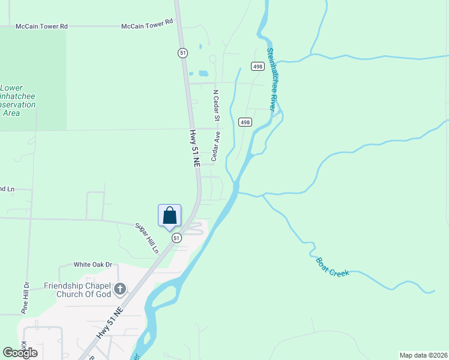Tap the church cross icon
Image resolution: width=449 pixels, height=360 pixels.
click(120, 290)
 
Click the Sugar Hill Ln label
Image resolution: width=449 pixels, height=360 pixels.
click(146, 236)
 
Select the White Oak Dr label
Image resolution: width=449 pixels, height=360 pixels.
click(93, 264)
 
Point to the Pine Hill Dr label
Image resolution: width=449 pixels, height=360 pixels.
click(25, 298)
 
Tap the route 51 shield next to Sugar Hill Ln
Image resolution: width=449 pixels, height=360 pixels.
click(176, 238)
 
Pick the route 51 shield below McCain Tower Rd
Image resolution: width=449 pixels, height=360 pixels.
click(182, 53)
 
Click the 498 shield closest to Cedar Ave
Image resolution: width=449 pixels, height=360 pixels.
click(244, 122)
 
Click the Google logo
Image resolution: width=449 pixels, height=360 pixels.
click(20, 353)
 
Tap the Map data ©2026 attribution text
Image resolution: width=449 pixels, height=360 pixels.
click(424, 355)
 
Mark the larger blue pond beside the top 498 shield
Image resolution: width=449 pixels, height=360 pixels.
click(203, 74)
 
